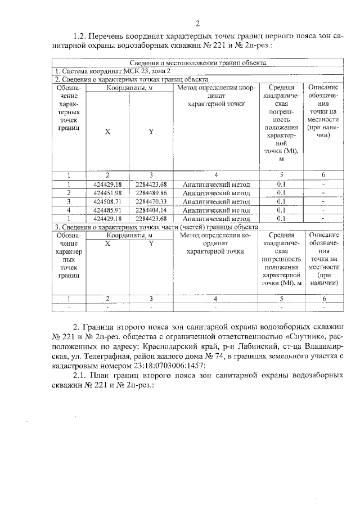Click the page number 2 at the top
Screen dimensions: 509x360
197,23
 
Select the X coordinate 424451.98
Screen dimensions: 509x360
107,193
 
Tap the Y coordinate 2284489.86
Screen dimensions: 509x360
151,193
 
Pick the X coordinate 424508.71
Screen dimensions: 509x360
107,201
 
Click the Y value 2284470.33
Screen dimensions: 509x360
151,201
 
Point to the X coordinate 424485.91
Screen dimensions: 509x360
107,210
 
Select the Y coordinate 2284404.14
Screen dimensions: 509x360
151,210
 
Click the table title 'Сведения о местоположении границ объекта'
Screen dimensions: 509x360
197,63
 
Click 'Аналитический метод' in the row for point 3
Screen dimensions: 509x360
217,201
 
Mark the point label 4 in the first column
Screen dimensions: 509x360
68,210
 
